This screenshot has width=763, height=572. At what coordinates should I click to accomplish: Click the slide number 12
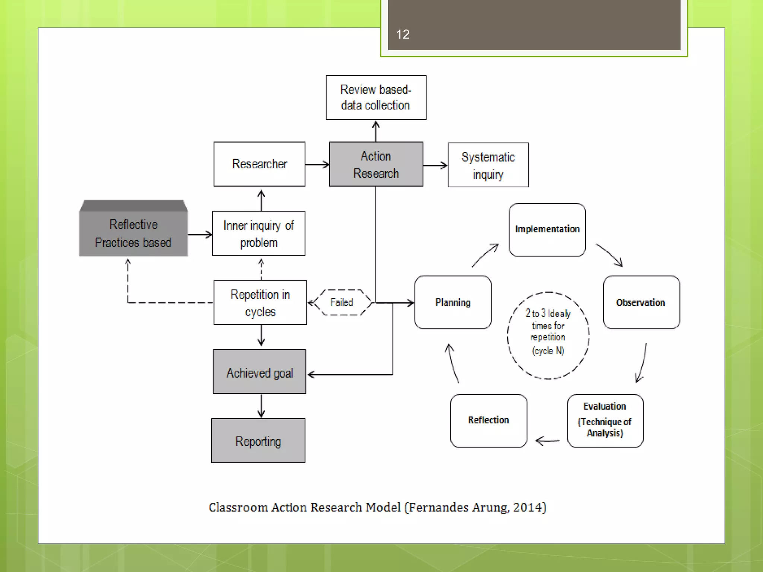click(403, 34)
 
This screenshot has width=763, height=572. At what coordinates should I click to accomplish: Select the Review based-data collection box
click(376, 98)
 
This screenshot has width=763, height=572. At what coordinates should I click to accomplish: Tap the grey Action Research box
click(376, 164)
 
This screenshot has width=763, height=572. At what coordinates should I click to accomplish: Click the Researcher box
click(259, 164)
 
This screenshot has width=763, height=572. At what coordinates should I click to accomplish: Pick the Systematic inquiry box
click(488, 165)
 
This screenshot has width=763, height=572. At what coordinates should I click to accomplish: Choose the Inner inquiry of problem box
click(259, 233)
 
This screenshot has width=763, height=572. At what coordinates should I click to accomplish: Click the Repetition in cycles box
click(260, 302)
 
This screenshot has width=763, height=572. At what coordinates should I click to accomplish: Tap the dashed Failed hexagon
click(342, 302)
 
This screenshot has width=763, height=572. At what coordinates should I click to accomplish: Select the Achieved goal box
click(259, 372)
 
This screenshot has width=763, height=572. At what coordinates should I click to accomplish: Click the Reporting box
click(258, 441)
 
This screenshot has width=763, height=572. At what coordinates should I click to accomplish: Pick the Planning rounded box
click(453, 302)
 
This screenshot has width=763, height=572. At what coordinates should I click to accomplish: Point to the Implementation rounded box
click(547, 229)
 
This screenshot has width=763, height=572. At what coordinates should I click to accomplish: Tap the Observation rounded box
click(641, 302)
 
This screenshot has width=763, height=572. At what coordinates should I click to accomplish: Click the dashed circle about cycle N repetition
click(548, 335)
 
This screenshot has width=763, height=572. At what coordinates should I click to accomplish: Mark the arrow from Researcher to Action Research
click(317, 164)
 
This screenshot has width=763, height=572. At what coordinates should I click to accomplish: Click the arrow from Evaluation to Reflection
click(547, 441)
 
